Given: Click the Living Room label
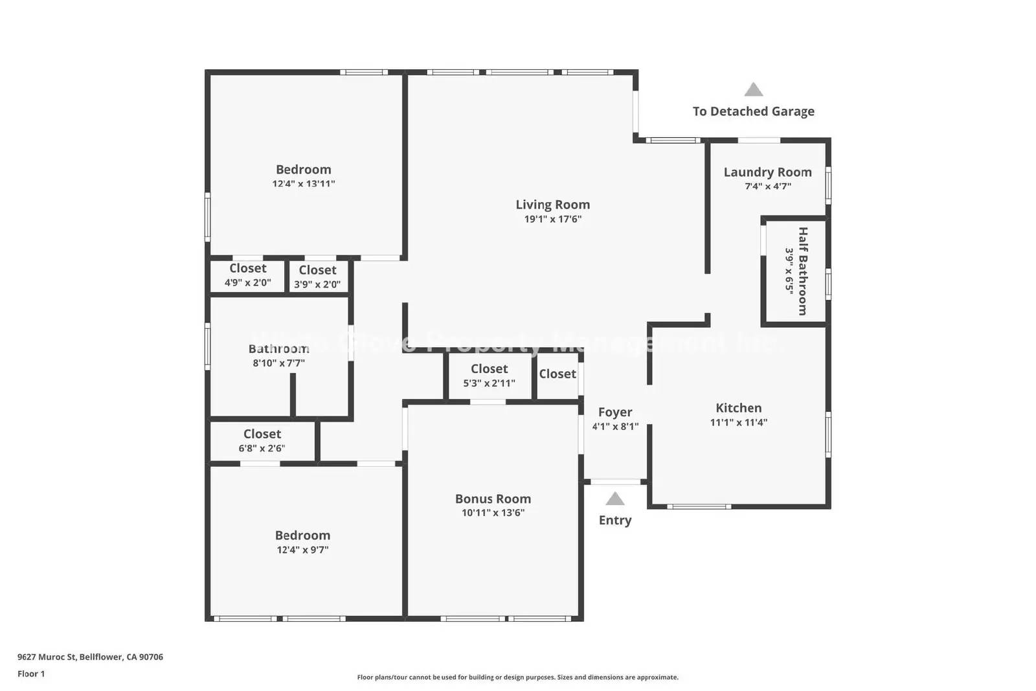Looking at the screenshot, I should pyautogui.click(x=552, y=205).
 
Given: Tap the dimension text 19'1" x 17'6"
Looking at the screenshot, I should pyautogui.click(x=552, y=219).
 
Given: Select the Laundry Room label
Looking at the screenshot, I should pyautogui.click(x=767, y=172).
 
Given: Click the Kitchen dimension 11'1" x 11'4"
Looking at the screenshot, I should pyautogui.click(x=738, y=422).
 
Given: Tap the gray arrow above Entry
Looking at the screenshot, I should pyautogui.click(x=614, y=499).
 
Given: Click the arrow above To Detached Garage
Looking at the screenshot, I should pyautogui.click(x=753, y=89).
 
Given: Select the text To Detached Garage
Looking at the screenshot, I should pyautogui.click(x=753, y=111).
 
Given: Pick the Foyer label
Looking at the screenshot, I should pyautogui.click(x=614, y=412).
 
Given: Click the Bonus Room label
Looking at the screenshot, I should pyautogui.click(x=493, y=499).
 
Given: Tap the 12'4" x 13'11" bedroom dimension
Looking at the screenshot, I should pyautogui.click(x=303, y=184).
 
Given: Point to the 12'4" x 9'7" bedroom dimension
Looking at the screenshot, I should pyautogui.click(x=302, y=550).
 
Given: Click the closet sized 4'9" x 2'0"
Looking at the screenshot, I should pyautogui.click(x=247, y=276).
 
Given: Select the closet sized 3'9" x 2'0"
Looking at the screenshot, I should pyautogui.click(x=317, y=277).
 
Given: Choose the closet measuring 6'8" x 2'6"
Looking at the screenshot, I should pyautogui.click(x=262, y=441).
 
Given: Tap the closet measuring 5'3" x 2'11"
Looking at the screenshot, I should pyautogui.click(x=489, y=376).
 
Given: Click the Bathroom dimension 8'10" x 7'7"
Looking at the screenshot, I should pyautogui.click(x=278, y=363).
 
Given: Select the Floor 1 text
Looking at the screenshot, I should pyautogui.click(x=31, y=674).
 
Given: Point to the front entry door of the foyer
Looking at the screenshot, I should pyautogui.click(x=616, y=482).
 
